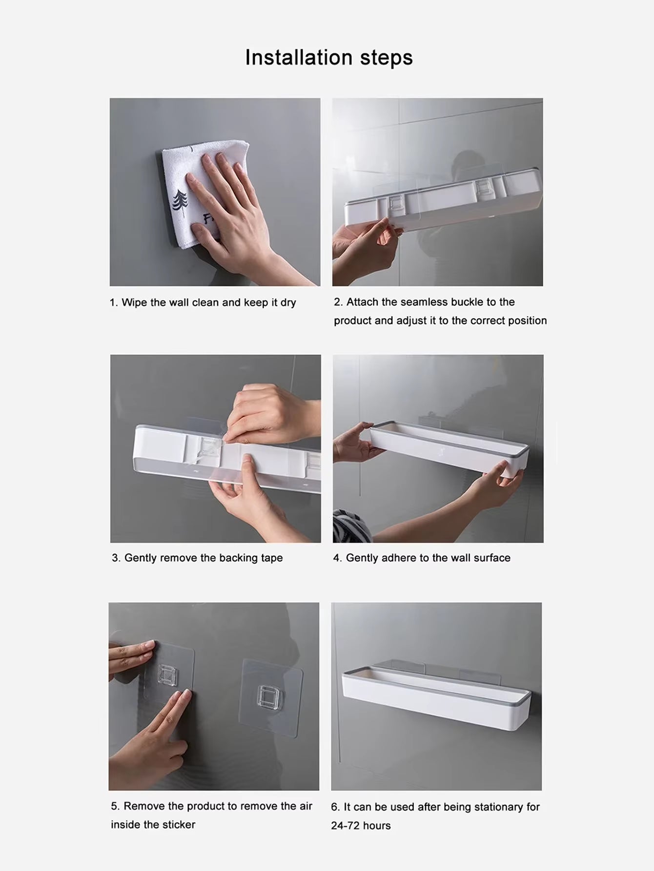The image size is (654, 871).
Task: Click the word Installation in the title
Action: click(x=298, y=58)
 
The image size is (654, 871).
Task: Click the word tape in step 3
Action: click(x=271, y=558)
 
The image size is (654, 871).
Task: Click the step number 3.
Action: click(x=116, y=558)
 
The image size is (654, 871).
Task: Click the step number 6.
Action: click(x=335, y=807)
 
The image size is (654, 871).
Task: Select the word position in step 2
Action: click(x=527, y=321)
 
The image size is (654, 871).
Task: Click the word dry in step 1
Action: click(x=288, y=303)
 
